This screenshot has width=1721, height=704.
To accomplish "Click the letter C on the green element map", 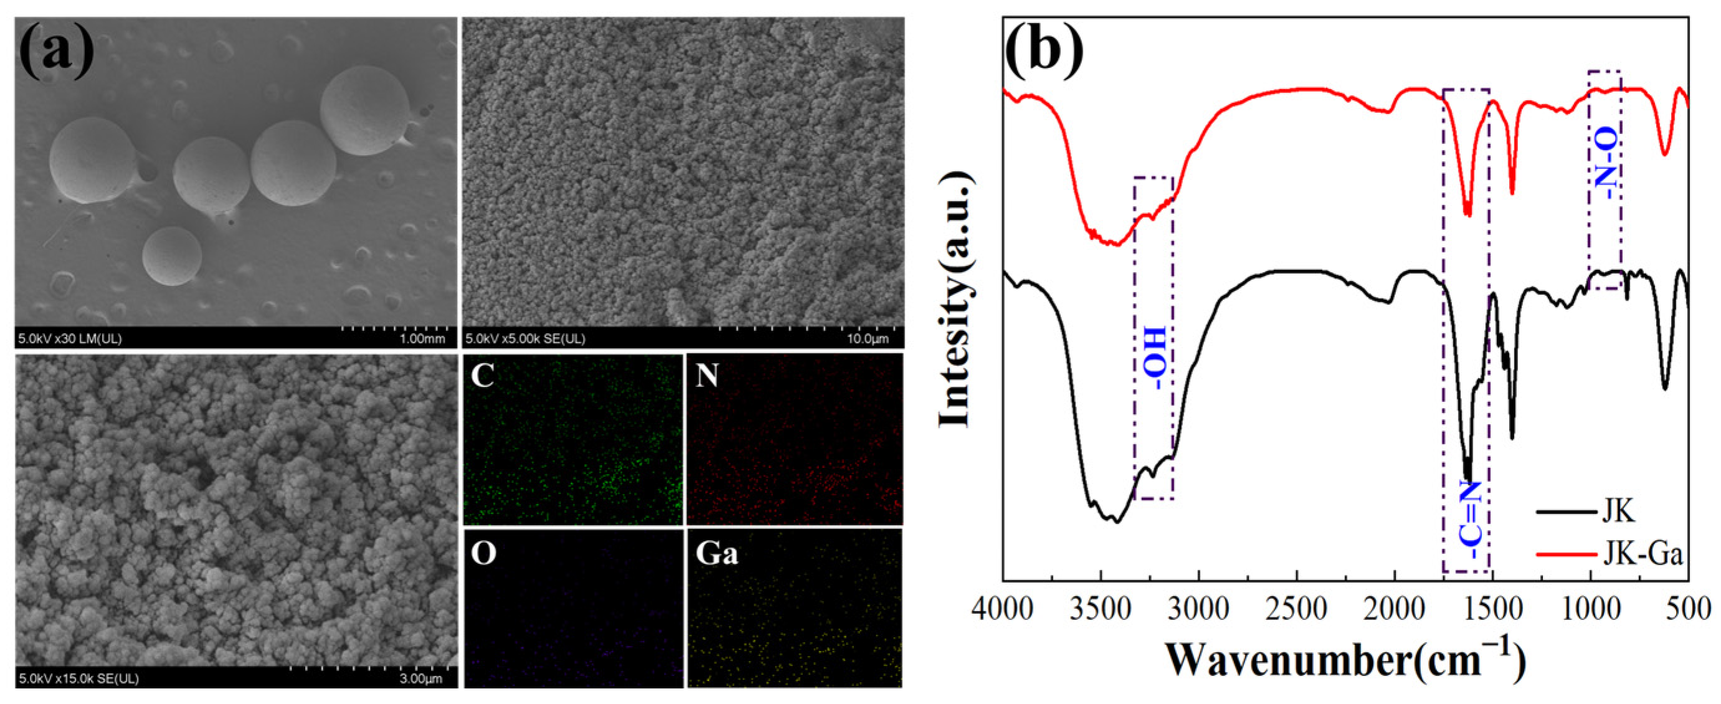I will click(482, 376).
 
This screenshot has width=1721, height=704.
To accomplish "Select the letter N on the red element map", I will click(707, 376).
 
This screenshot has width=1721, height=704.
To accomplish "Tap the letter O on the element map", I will click(483, 554).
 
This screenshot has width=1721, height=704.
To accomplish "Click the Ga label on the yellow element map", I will click(716, 554).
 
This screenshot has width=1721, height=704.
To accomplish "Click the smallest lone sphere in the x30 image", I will click(172, 256).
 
